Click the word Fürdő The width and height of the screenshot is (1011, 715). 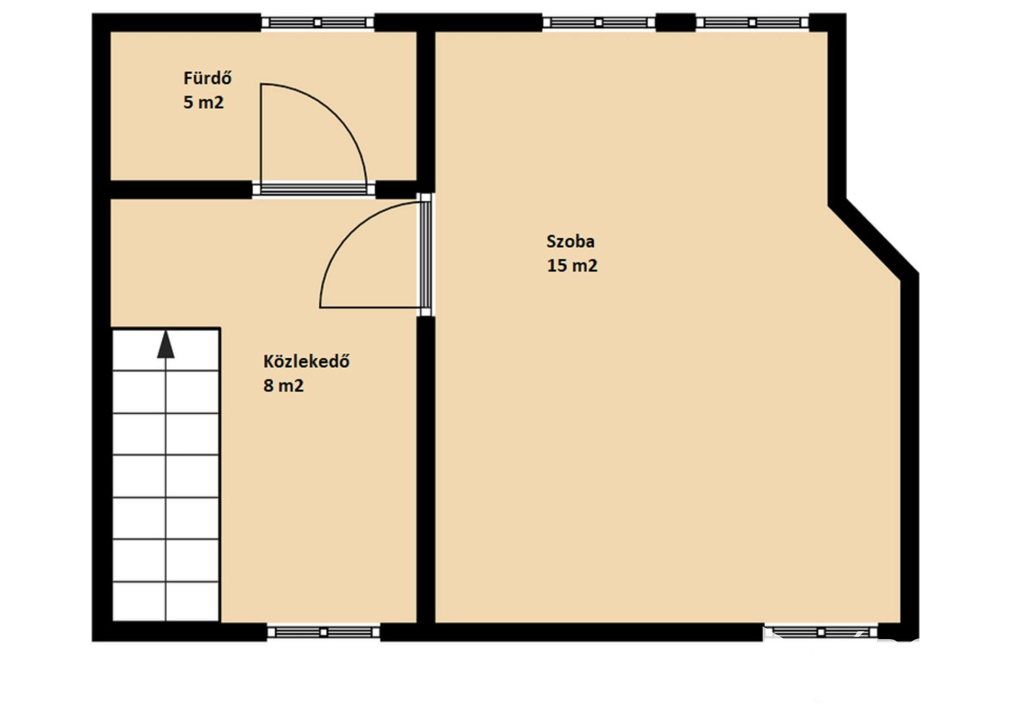click(207, 78)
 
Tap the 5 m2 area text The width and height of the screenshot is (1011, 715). click(203, 102)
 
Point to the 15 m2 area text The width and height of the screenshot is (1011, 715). click(572, 265)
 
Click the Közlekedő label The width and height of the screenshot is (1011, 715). click(306, 361)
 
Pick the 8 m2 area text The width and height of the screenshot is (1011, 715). click(283, 385)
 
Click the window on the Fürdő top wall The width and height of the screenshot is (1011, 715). click(317, 22)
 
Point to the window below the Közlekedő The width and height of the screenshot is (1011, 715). click(323, 632)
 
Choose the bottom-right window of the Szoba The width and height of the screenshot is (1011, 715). click(821, 632)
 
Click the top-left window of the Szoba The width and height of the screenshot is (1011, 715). click(599, 22)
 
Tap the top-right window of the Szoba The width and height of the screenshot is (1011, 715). click(752, 22)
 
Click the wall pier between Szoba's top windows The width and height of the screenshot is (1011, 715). click(676, 22)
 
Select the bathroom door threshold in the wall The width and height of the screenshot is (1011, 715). click(314, 189)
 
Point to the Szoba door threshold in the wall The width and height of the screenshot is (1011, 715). click(426, 254)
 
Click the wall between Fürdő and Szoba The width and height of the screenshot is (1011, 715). click(426, 106)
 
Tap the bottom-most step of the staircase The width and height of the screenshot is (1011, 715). click(165, 601)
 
